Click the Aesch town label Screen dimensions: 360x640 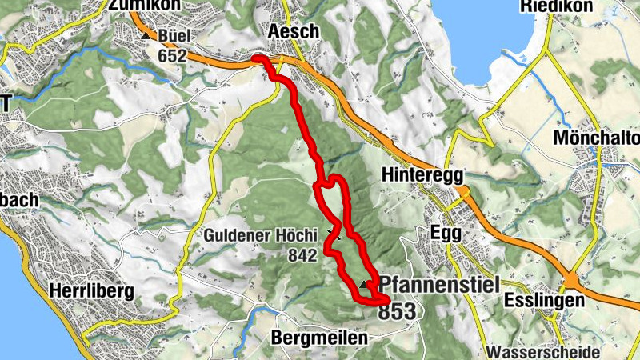pos(295,31)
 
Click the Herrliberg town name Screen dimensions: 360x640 pos(91,290)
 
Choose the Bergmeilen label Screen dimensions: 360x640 pos(320,338)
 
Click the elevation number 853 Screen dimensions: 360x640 pos(398,310)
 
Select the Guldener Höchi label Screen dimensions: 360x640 pos(262,236)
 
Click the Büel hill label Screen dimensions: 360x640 pos(174,37)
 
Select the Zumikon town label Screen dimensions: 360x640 pos(143,6)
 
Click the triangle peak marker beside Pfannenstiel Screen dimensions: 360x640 pos(367,285)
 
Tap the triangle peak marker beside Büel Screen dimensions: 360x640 pos(146,36)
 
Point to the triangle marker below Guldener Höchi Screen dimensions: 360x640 pos(334,235)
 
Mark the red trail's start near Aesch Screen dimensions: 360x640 pos(255,58)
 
